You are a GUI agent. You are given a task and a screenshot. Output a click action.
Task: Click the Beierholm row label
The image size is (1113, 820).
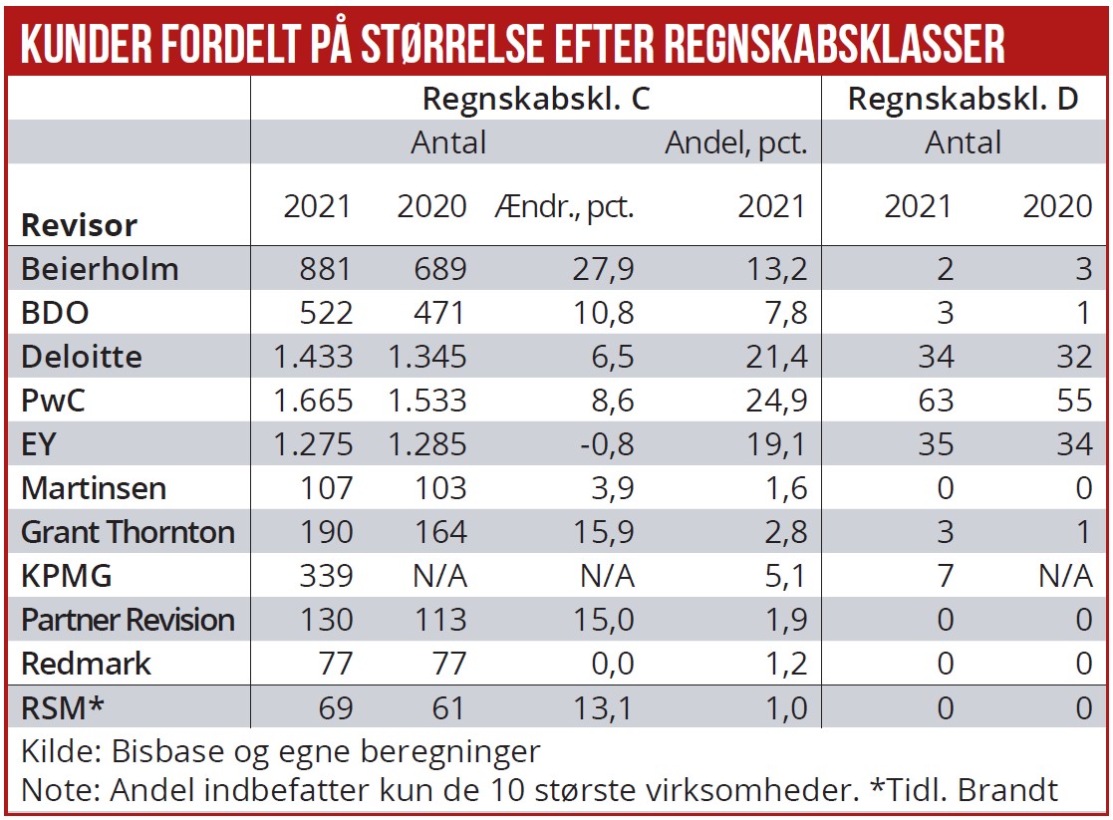pos(100,269)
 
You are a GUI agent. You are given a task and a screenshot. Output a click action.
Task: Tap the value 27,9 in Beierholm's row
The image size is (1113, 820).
pos(606,269)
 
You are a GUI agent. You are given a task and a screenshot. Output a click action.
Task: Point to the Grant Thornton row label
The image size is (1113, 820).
pos(128,531)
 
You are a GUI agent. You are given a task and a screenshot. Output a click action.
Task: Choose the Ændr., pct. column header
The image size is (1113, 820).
pos(564,206)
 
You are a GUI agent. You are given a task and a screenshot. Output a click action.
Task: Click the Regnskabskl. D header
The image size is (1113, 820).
pos(963,100)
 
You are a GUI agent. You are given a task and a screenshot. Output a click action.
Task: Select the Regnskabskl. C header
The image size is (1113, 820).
pos(537,100)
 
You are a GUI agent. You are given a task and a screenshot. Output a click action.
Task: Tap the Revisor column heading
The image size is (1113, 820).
pos(79,224)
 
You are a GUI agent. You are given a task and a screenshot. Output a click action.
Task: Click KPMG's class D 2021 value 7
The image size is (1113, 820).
pos(945,575)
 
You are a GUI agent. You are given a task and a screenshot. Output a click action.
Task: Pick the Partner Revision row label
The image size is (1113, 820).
pos(128,619)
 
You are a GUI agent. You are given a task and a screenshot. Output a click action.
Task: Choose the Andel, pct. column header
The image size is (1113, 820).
pos(735,143)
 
